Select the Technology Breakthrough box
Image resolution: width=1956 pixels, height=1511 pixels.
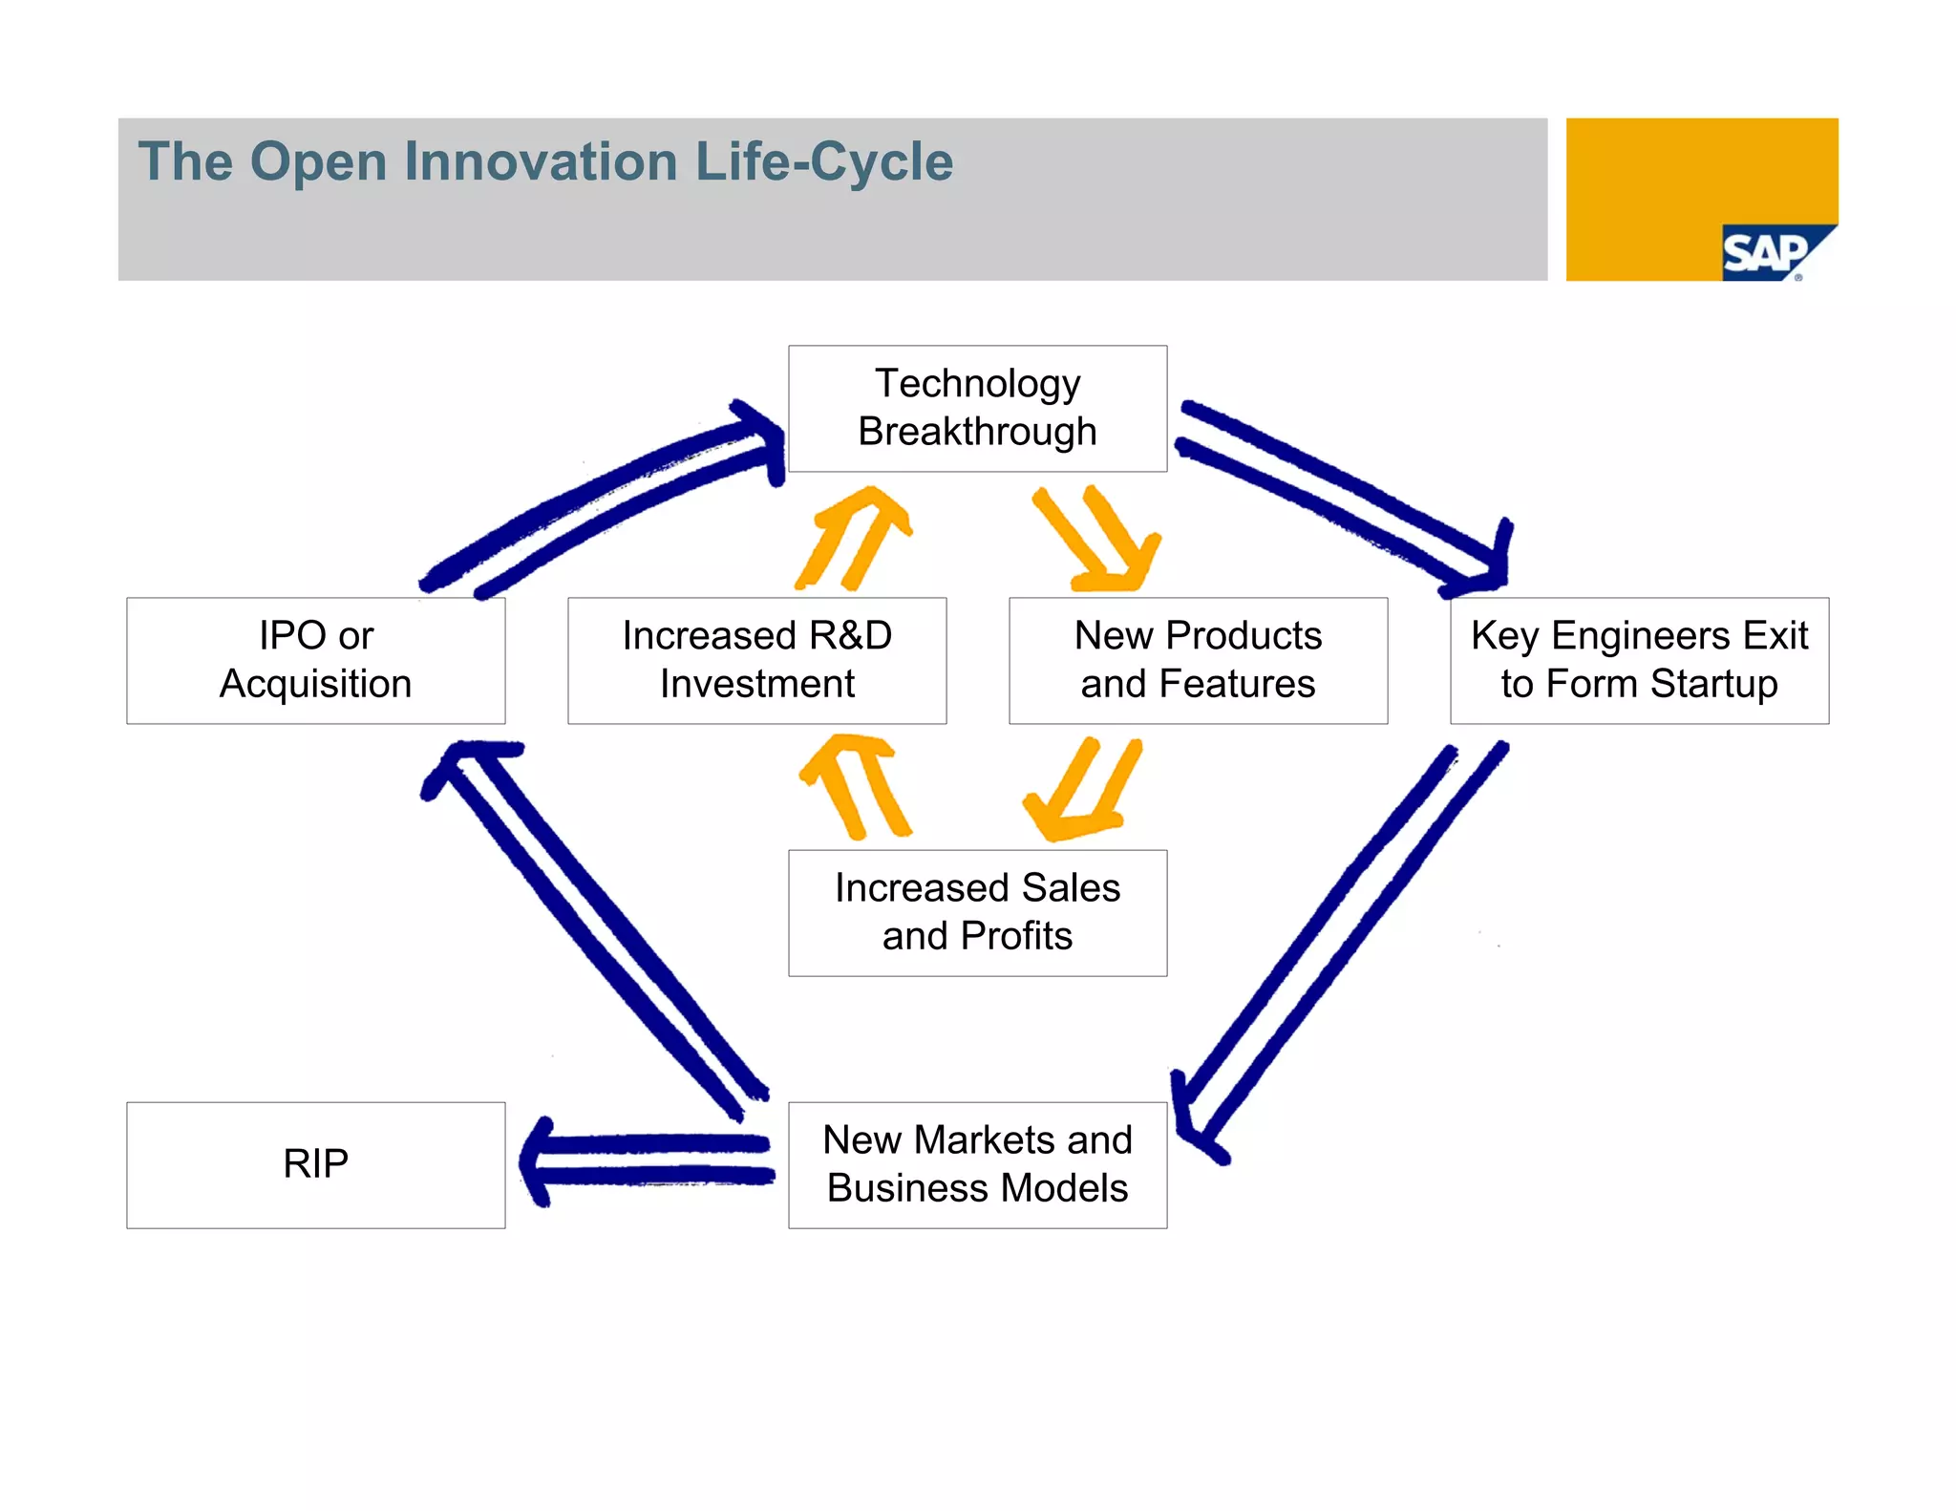pos(977,409)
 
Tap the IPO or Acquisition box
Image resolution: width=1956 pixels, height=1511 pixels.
pos(315,660)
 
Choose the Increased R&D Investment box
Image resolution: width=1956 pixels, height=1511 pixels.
pos(756,660)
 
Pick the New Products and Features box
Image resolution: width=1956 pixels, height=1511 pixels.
pos(1198,660)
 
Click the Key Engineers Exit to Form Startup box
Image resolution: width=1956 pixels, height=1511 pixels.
pos(1639,660)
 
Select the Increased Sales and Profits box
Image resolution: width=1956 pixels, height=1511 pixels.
pos(977,912)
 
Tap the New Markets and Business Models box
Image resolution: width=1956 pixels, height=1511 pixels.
pos(977,1164)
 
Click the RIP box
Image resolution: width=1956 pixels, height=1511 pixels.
pos(315,1164)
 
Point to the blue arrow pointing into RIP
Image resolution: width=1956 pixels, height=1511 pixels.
pos(649,1160)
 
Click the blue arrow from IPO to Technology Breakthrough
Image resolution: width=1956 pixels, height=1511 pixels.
pos(602,497)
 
